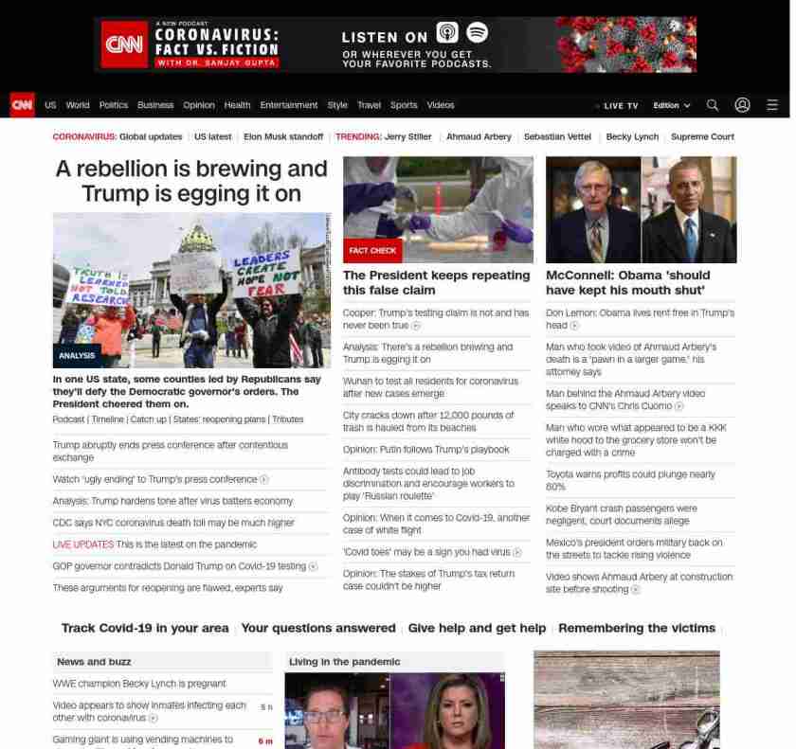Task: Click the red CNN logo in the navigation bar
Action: (22, 105)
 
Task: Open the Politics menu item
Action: (113, 105)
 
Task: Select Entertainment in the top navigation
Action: (289, 105)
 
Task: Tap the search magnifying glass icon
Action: (713, 105)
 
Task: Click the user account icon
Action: (742, 105)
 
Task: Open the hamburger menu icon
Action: (772, 105)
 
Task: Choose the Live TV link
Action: (619, 106)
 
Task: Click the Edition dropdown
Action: (671, 106)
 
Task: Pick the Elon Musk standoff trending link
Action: (283, 136)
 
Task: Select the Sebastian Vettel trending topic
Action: (557, 136)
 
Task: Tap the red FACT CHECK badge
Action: (372, 251)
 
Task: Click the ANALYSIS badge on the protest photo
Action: (77, 356)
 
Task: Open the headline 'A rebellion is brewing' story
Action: (191, 181)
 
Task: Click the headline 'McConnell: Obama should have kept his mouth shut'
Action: (627, 282)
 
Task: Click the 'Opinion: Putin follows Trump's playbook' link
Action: (425, 450)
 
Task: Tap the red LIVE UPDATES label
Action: (82, 544)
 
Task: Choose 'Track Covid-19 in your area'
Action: (145, 628)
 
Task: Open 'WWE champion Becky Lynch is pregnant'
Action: (139, 684)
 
